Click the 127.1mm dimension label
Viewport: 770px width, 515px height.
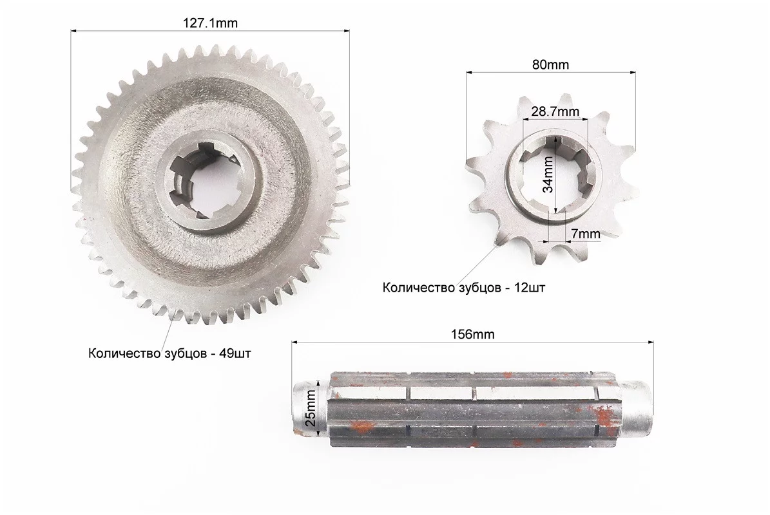click(x=210, y=23)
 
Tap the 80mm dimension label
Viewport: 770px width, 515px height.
click(x=550, y=64)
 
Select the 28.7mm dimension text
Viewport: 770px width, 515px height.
click(x=555, y=111)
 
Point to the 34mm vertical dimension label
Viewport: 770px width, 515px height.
click(x=548, y=174)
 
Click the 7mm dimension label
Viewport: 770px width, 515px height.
click(x=585, y=234)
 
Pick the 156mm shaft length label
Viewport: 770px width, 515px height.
click(x=472, y=334)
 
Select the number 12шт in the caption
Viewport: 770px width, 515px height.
click(x=530, y=287)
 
